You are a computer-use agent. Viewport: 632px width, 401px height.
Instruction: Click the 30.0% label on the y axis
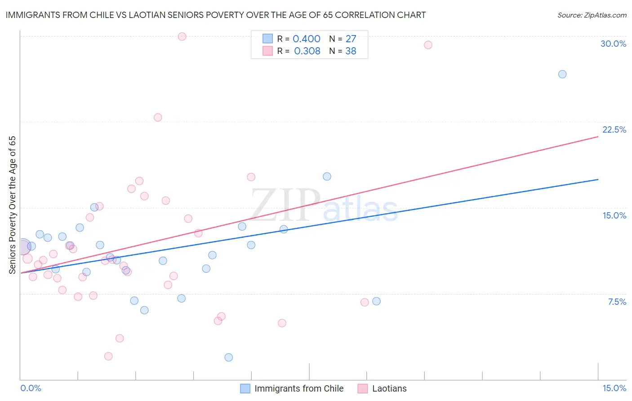point(613,44)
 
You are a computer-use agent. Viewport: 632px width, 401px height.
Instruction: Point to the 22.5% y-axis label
point(614,129)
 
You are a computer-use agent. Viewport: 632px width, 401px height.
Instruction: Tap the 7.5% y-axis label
point(617,302)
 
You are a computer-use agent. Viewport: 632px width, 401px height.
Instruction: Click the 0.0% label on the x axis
point(31,388)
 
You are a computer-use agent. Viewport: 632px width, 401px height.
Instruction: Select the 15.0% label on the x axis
point(614,388)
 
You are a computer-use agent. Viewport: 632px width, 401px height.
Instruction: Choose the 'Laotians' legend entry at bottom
point(389,388)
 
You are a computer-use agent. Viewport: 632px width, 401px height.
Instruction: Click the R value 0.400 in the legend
point(307,39)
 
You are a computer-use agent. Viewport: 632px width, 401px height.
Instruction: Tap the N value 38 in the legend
point(351,51)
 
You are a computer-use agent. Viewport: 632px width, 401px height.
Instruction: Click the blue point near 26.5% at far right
point(562,74)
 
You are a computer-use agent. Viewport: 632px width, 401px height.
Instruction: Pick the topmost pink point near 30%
point(182,36)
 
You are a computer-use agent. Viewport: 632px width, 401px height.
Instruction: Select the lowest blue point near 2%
point(229,357)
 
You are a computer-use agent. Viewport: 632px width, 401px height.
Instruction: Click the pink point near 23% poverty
point(158,117)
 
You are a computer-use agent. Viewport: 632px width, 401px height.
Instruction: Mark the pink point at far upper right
point(428,45)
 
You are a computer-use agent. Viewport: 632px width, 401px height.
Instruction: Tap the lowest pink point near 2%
point(108,356)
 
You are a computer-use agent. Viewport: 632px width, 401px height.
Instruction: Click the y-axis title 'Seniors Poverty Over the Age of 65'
point(13,205)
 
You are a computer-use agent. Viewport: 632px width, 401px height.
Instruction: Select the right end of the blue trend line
point(598,179)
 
